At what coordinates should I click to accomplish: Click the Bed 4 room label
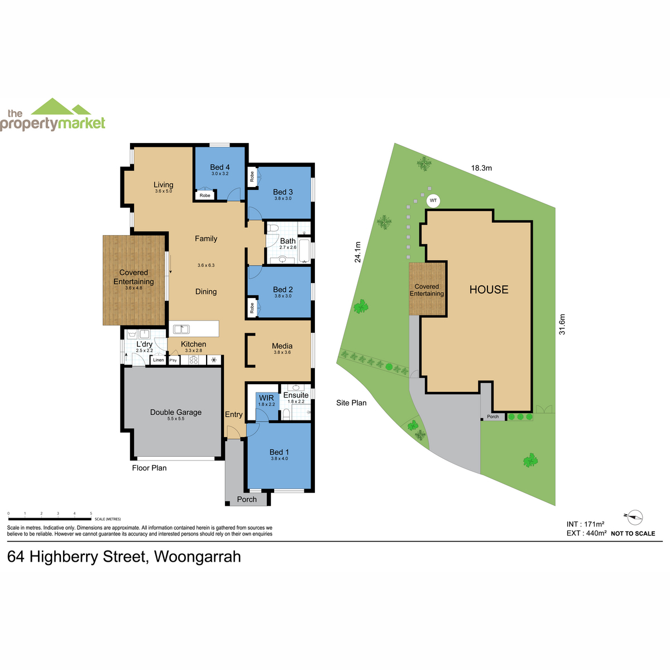[x=219, y=167]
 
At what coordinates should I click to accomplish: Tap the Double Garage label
[x=175, y=412]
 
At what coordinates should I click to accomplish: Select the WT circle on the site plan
[x=433, y=200]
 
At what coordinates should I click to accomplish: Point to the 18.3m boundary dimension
[x=481, y=168]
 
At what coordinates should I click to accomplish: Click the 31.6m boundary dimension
[x=562, y=324]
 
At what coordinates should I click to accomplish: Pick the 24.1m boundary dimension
[x=357, y=252]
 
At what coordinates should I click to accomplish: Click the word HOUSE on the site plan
[x=489, y=289]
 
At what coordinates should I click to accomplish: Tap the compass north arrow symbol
[x=634, y=517]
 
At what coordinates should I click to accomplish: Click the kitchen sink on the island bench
[x=181, y=328]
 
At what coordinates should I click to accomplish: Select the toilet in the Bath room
[x=273, y=228]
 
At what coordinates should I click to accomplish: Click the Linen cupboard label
[x=158, y=360]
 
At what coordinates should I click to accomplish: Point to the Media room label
[x=282, y=346]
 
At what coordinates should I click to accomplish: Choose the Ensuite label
[x=295, y=395]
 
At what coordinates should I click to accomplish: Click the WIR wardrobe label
[x=266, y=398]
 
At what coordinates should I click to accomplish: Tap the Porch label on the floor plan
[x=247, y=499]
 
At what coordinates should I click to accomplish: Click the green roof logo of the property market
[x=61, y=107]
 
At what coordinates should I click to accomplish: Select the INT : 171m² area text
[x=585, y=524]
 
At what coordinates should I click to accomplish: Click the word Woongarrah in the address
[x=198, y=556]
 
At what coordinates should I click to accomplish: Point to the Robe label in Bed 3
[x=252, y=176]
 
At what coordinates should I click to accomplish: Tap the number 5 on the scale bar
[x=91, y=513]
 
